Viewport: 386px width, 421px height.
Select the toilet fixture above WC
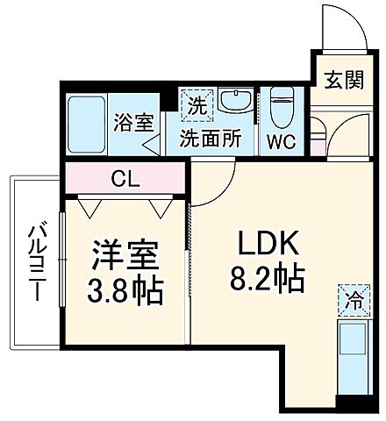[x=282, y=106]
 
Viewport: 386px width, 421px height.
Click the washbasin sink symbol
[x=234, y=103]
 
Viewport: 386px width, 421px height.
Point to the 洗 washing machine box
[x=193, y=107]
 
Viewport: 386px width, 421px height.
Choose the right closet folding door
[x=158, y=207]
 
